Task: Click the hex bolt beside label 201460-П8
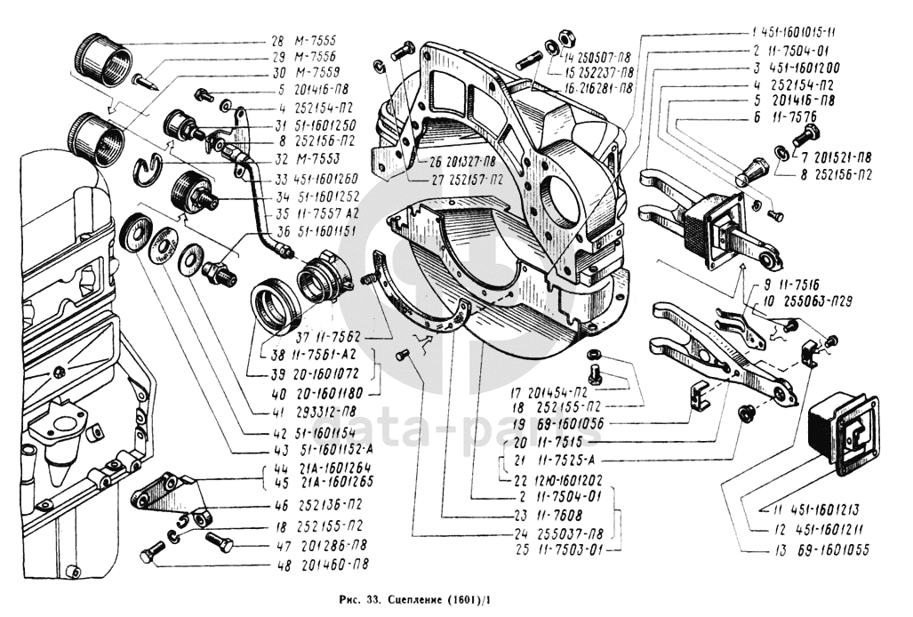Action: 148,554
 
